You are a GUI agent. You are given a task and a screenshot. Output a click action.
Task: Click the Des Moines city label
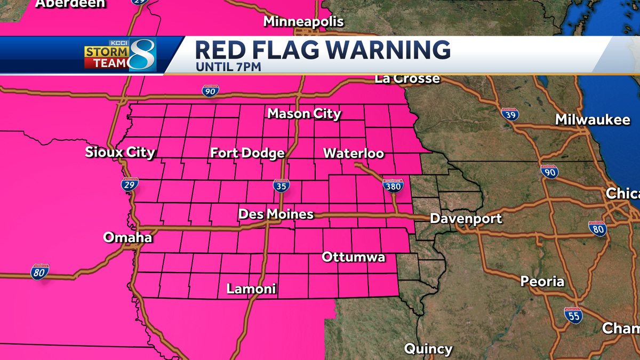click(276, 214)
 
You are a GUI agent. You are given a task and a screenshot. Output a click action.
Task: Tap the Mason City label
click(304, 114)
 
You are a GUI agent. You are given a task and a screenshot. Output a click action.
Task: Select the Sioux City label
click(120, 153)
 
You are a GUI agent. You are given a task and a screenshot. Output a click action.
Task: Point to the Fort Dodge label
click(247, 154)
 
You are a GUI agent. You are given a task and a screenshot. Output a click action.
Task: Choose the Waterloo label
click(354, 154)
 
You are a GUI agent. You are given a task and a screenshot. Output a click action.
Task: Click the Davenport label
click(466, 219)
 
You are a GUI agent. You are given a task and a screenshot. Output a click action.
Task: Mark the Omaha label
click(127, 237)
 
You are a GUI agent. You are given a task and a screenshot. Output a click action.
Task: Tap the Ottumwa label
click(354, 258)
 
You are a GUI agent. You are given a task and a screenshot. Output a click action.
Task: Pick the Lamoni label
click(251, 289)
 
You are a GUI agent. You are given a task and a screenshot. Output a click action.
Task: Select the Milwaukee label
click(593, 120)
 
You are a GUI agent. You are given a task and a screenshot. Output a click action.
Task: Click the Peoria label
click(542, 281)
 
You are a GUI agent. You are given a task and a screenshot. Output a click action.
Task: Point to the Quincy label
click(428, 349)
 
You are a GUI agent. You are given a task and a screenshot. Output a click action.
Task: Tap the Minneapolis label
click(303, 22)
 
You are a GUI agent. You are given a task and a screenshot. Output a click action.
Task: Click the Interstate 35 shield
click(282, 186)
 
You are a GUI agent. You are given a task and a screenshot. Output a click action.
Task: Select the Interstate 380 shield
click(393, 186)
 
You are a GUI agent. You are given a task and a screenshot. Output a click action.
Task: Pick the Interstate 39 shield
click(510, 114)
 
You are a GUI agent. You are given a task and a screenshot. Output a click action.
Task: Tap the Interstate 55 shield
click(573, 315)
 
